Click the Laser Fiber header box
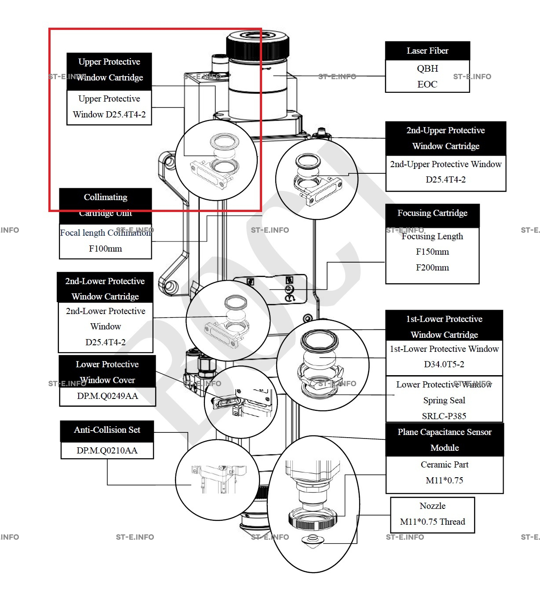click(427, 51)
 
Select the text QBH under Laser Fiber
click(427, 69)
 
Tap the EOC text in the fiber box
click(427, 84)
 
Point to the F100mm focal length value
click(106, 249)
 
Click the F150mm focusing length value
click(432, 252)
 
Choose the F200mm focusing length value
click(432, 267)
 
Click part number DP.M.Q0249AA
click(107, 396)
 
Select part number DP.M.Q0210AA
click(107, 450)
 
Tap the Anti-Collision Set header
click(107, 430)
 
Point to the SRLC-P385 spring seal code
click(444, 416)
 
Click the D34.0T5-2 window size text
click(444, 364)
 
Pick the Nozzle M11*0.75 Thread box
click(432, 514)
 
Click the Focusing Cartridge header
click(432, 213)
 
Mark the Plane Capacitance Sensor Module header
click(445, 440)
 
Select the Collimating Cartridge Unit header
click(106, 205)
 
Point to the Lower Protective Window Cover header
click(107, 372)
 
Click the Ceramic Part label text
click(445, 464)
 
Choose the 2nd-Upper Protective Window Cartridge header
click(445, 138)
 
